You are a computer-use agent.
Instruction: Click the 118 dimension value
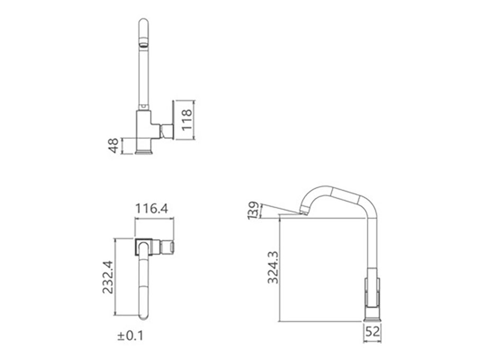pyautogui.click(x=187, y=120)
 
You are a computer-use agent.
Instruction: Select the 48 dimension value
pyautogui.click(x=114, y=146)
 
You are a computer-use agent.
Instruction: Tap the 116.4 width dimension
pyautogui.click(x=152, y=209)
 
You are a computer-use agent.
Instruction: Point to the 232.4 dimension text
pyautogui.click(x=108, y=277)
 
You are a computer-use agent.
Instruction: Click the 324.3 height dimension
pyautogui.click(x=273, y=268)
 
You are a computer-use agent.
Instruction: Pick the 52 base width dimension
pyautogui.click(x=373, y=331)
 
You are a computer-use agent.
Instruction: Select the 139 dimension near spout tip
pyautogui.click(x=253, y=210)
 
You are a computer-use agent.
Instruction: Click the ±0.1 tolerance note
pyautogui.click(x=130, y=336)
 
